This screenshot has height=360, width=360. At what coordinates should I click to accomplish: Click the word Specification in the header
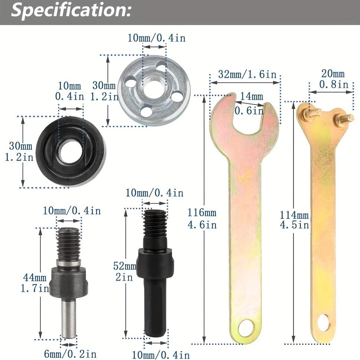click(71, 11)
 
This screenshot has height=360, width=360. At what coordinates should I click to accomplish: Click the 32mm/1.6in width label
click(247, 74)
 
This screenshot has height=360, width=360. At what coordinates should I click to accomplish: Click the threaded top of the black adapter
click(154, 226)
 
